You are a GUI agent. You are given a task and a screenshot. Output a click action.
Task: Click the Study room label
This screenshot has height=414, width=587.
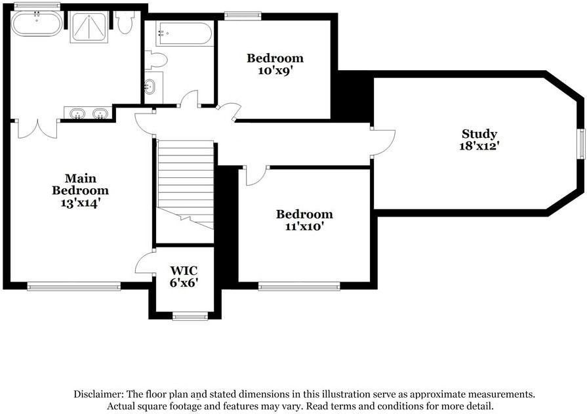479,134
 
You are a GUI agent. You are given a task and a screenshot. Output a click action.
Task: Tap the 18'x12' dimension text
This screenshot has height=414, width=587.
479,146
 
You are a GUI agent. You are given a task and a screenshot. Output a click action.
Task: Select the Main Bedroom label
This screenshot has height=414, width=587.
80,184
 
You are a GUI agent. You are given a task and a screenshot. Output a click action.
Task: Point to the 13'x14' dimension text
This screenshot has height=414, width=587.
80,203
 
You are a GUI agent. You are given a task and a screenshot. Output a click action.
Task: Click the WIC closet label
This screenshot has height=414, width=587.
184,270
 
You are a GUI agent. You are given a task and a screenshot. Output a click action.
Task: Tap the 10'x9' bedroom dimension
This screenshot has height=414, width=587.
275,70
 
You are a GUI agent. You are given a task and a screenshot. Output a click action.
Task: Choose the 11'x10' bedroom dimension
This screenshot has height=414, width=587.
304,226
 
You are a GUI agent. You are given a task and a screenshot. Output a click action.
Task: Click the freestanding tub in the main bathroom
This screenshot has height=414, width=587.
37,25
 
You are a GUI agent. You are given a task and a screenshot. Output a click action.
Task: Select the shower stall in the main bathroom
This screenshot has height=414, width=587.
89,27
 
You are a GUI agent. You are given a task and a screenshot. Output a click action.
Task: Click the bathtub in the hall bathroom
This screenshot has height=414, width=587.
184,33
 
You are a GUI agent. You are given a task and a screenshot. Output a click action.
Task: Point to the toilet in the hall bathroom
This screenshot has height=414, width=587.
156,60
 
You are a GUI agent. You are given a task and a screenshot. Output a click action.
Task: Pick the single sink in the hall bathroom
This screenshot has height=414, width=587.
150,85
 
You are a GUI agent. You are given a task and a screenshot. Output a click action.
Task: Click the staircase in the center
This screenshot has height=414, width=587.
186,184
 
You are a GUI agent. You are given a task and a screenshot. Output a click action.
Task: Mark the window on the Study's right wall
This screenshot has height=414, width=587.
581,144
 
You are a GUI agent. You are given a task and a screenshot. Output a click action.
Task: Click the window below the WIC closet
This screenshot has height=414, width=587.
190,317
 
